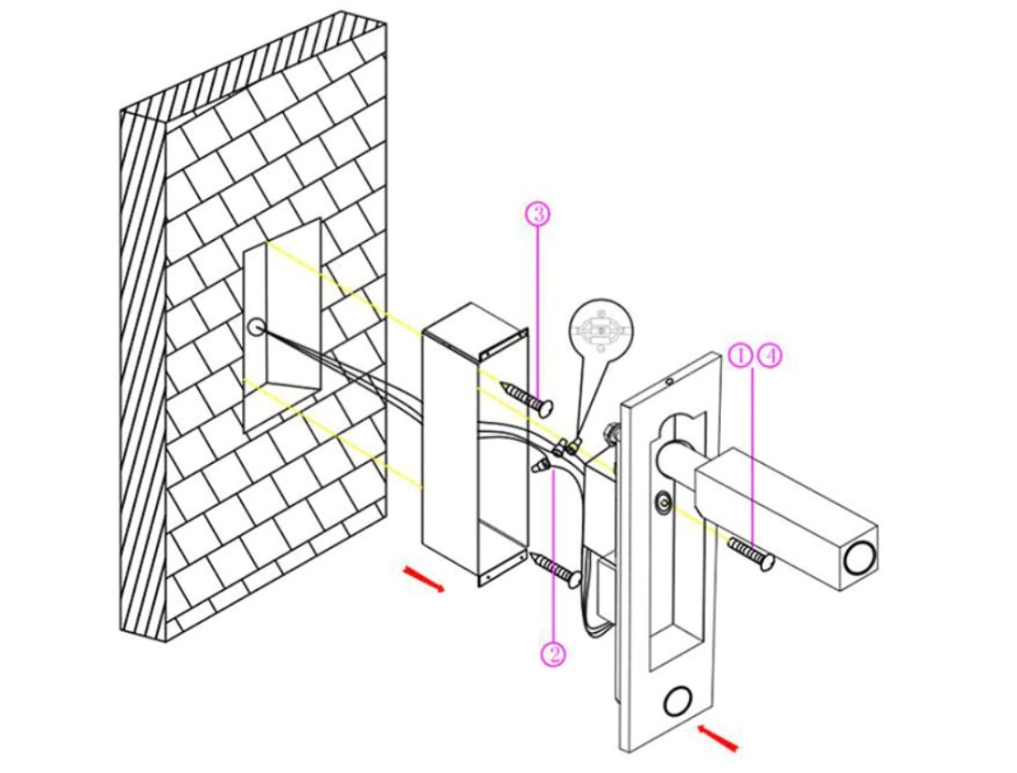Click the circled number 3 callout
(x=538, y=214)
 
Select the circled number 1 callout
(x=740, y=355)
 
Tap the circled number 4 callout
(x=770, y=355)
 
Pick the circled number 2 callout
(x=553, y=654)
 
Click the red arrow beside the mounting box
(x=422, y=579)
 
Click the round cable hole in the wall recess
(x=256, y=328)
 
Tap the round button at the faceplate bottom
(x=679, y=701)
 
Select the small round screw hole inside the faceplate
(x=663, y=504)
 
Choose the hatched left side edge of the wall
(x=143, y=373)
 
